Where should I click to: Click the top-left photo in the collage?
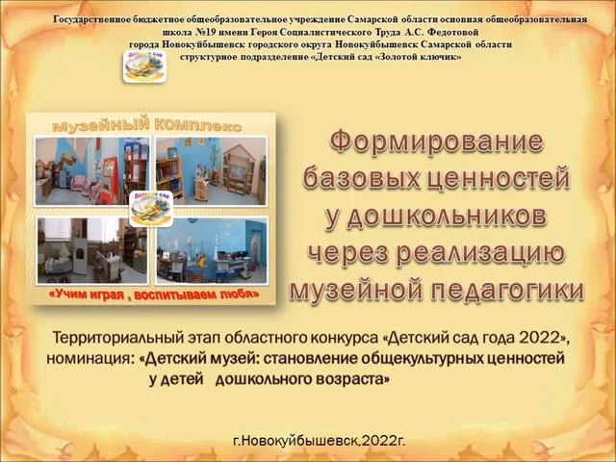coord(91,171)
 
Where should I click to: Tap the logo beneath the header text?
coord(143,64)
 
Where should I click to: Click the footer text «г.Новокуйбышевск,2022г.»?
coord(319,439)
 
